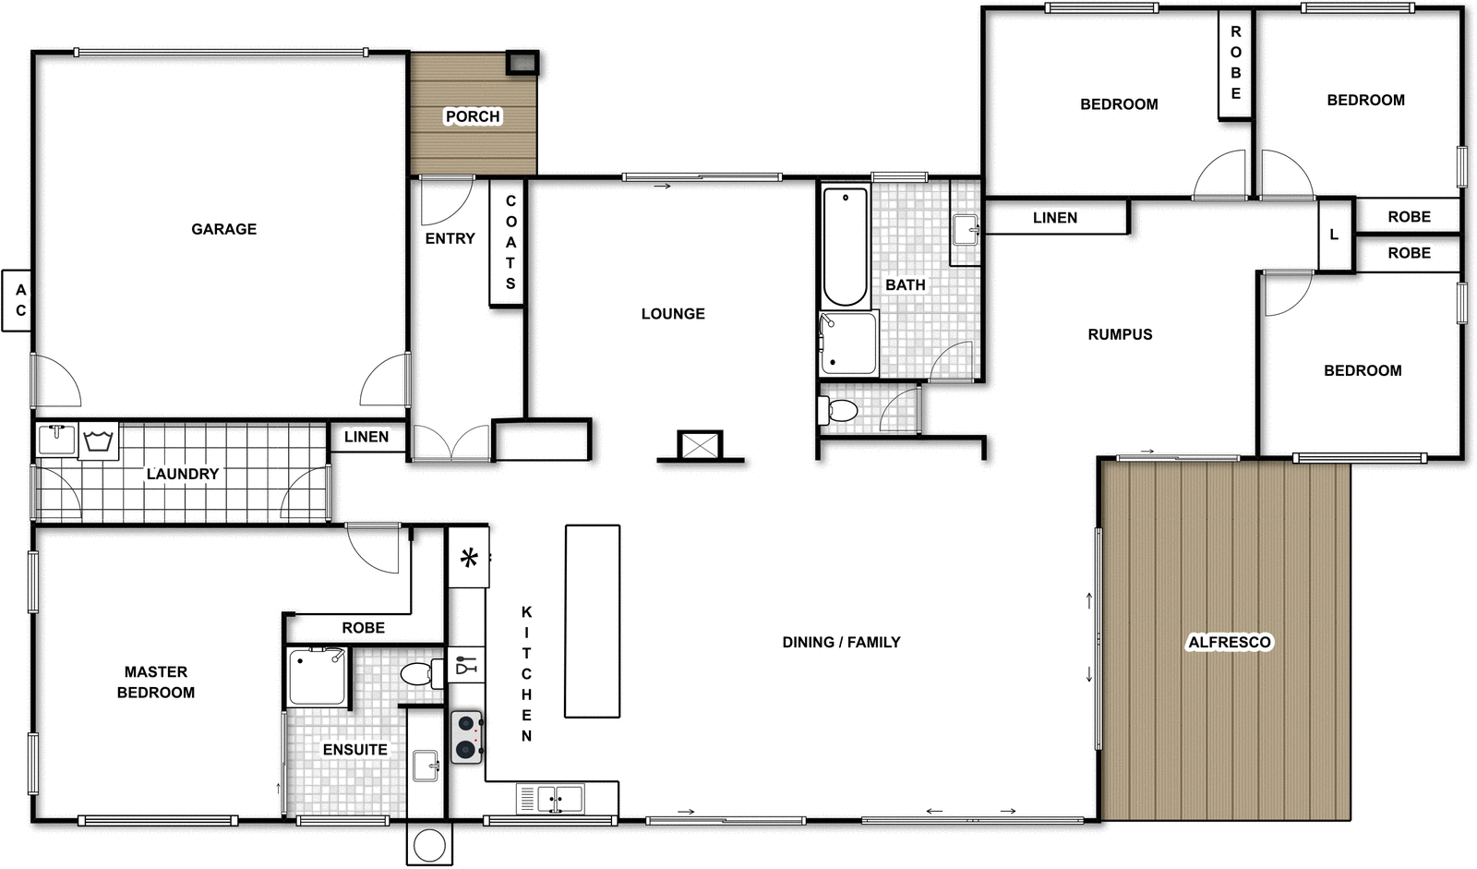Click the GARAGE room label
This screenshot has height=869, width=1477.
pos(223,229)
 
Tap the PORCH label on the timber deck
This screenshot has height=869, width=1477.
pos(473,116)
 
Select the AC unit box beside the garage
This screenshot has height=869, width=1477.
pos(18,300)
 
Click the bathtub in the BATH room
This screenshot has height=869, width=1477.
pos(845,247)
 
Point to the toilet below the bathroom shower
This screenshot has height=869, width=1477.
pos(840,409)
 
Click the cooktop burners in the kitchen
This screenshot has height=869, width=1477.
pos(467,736)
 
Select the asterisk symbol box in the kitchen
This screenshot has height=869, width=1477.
pos(469,557)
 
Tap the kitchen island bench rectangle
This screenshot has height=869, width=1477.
pos(592,621)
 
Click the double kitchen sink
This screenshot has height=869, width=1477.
pos(559,798)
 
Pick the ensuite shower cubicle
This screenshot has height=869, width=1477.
pos(318,677)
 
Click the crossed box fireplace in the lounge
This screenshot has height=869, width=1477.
pos(699,445)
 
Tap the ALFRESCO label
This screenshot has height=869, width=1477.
pos(1229,642)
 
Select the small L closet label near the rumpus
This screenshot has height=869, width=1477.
pos(1333,235)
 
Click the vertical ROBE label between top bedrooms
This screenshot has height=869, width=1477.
pos(1235,63)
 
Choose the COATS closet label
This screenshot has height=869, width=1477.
pos(510,242)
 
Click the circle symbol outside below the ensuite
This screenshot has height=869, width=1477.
pos(429,844)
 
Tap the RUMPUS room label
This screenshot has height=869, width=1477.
pos(1120,334)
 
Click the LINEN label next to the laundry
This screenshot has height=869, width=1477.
pos(366,437)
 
